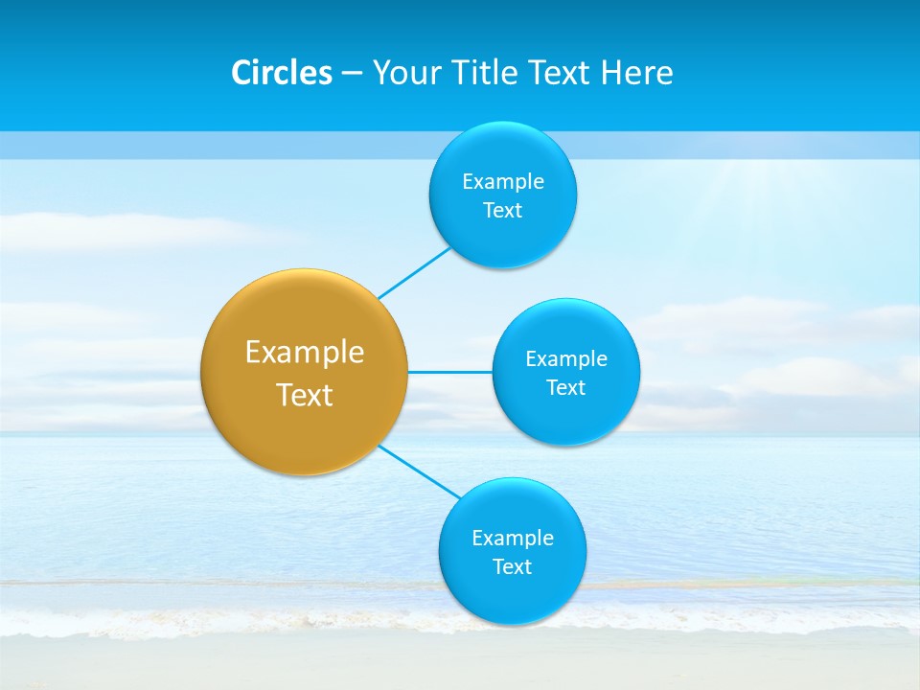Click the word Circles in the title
[x=282, y=73]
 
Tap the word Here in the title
[x=636, y=73]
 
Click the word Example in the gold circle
[x=305, y=352]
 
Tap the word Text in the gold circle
[x=305, y=395]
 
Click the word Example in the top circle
[x=503, y=181]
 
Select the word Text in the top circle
[x=503, y=211]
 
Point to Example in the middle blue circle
[x=566, y=358]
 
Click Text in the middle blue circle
[x=566, y=387]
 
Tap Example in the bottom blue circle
[x=513, y=538]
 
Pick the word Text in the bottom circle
[x=513, y=566]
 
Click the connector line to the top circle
[x=414, y=273]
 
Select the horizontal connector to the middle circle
[x=449, y=372]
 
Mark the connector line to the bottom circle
[x=419, y=471]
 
